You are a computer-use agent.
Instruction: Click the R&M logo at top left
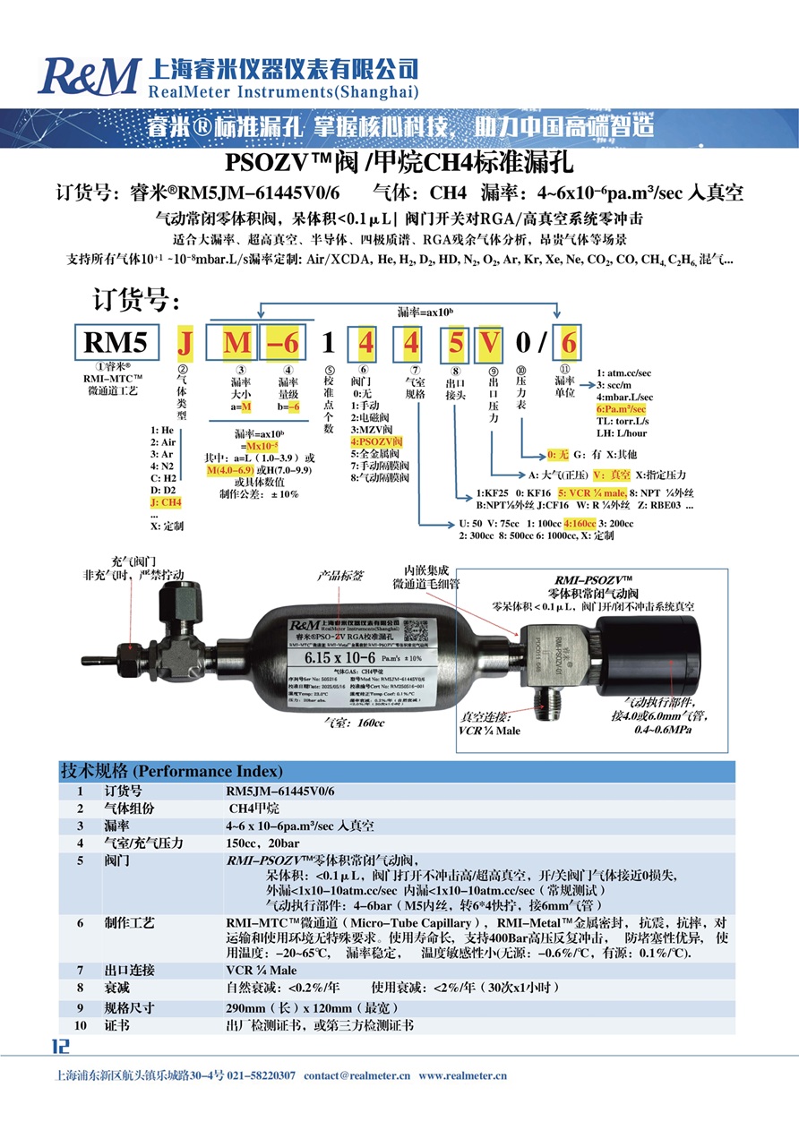tap(89, 77)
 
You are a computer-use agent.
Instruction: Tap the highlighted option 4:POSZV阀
tap(379, 442)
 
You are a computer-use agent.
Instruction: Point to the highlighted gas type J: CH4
tap(167, 503)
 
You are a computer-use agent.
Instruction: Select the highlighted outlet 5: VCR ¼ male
tap(589, 492)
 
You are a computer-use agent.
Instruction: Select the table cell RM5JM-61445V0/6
tap(279, 792)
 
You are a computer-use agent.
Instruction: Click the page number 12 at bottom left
tap(60, 1046)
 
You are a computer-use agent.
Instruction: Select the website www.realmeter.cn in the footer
tap(463, 1075)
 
